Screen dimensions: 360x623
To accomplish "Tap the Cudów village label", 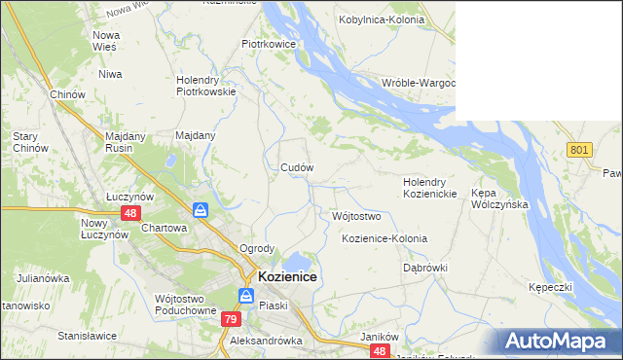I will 297,167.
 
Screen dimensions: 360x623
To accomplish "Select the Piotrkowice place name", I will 269,44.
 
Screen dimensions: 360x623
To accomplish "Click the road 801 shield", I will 580,149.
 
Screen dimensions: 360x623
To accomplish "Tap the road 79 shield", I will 230,319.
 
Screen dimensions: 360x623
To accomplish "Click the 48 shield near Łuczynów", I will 129,212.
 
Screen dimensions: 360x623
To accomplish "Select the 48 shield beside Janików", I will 381,350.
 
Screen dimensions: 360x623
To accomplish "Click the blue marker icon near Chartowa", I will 200,210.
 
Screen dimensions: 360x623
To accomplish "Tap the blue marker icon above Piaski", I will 246,297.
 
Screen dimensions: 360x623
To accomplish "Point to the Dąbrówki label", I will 423,267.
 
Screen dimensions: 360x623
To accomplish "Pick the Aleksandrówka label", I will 266,342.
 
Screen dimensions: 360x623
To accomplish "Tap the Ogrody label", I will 257,248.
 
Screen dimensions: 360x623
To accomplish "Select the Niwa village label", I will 109,73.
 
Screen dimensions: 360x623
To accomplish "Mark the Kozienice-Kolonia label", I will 385,238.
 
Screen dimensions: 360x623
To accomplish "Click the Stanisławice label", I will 87,336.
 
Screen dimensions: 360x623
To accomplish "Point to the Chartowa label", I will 164,228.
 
